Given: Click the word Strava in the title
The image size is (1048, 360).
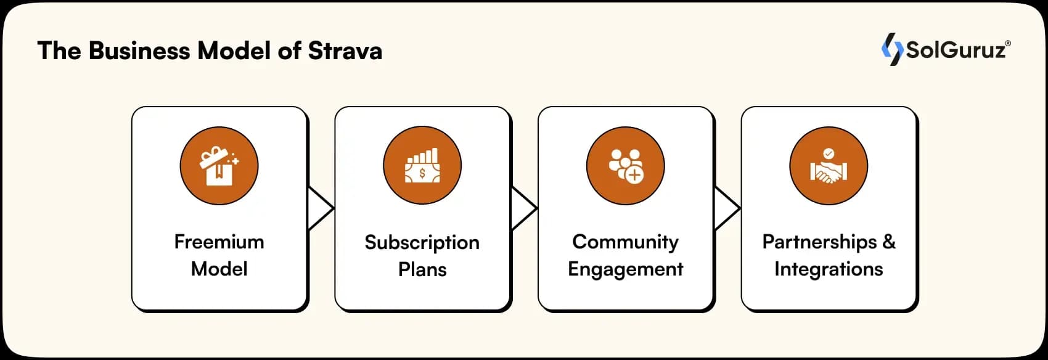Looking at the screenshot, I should [x=345, y=51].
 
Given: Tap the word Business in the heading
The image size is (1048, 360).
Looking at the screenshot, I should [x=139, y=51].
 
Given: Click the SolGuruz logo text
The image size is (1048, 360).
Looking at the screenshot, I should [x=957, y=49].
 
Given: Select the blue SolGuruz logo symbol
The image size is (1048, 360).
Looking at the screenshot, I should [x=891, y=49].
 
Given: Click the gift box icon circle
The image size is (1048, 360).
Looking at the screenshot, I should [x=219, y=166].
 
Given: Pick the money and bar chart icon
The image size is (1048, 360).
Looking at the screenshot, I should [x=422, y=166].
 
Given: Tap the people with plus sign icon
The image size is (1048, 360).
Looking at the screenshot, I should [x=625, y=166].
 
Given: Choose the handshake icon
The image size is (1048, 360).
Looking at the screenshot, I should [x=829, y=166].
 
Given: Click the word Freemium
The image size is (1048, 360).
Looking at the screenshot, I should [x=219, y=242].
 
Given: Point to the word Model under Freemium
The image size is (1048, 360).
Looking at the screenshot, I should [x=219, y=269].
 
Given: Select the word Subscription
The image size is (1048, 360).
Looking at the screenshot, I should [x=422, y=242].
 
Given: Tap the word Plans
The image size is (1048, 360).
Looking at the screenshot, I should [x=422, y=269].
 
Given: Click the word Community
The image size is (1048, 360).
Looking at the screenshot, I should [x=625, y=242].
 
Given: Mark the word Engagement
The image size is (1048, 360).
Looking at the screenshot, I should [x=625, y=269].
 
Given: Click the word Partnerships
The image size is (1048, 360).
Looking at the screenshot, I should [x=819, y=242].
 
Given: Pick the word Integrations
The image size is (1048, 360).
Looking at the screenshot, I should [x=829, y=269].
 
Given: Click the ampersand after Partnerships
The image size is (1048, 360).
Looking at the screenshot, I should [x=889, y=242].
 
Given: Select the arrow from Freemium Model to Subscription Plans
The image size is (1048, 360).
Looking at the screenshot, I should [x=320, y=208].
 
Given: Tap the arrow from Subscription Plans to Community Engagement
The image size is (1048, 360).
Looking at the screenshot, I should [x=523, y=208].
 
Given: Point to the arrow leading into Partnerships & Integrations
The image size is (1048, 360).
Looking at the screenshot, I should [x=726, y=208].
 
